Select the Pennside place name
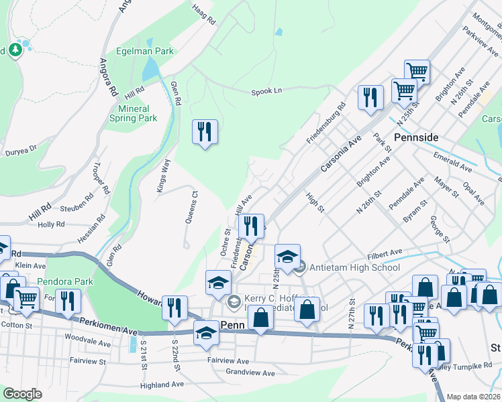point(416,137)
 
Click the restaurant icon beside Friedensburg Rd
point(370,98)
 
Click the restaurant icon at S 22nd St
point(174,308)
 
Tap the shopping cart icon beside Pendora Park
point(26,299)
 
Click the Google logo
point(22,394)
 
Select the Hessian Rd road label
point(99,228)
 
